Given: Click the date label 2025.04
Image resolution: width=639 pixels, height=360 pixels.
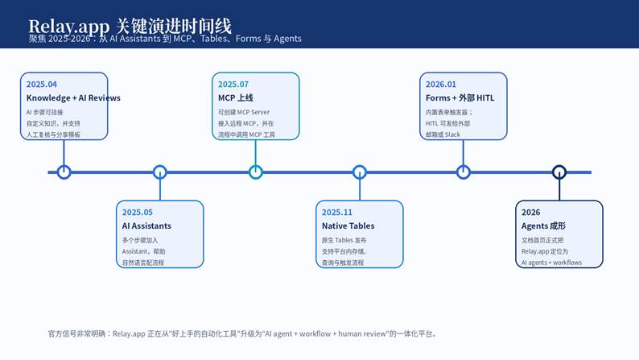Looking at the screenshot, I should click(x=42, y=85).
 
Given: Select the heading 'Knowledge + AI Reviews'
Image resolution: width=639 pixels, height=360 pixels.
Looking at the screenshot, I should click(x=73, y=98).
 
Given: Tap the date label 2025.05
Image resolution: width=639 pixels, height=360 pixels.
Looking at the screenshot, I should click(x=138, y=213).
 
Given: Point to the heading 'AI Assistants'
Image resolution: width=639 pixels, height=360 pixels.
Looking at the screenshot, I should click(x=146, y=226).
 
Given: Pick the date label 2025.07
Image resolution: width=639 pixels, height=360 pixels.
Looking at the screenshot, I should click(x=233, y=85).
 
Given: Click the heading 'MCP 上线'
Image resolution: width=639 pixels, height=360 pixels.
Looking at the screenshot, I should click(x=236, y=98).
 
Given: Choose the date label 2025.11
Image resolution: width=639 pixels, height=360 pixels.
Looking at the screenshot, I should click(x=337, y=213).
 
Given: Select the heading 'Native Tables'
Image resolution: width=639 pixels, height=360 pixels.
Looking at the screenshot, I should click(x=348, y=226).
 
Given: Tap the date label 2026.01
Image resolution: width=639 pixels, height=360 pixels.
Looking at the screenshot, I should click(x=441, y=85).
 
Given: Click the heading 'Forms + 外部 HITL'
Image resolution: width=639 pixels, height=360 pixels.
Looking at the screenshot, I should click(x=460, y=98).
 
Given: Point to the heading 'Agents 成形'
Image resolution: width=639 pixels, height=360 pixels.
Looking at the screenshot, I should click(x=543, y=226).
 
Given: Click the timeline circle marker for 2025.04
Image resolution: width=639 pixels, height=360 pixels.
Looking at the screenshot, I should click(x=64, y=172).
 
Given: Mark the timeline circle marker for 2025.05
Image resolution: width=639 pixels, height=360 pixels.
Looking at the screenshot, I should click(x=160, y=172).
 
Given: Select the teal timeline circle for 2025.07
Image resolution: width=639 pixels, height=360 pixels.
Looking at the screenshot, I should click(x=256, y=172).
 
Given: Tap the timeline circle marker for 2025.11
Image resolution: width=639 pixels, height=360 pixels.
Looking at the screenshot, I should click(x=360, y=172).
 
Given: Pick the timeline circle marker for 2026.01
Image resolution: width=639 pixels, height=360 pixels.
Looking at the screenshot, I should click(x=464, y=172).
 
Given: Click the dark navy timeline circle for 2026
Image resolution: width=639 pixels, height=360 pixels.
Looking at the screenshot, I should click(x=559, y=172).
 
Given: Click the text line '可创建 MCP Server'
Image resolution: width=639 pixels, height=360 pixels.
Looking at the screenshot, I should click(x=244, y=112).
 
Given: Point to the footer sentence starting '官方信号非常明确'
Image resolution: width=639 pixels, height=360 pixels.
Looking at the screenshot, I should click(x=242, y=333).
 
